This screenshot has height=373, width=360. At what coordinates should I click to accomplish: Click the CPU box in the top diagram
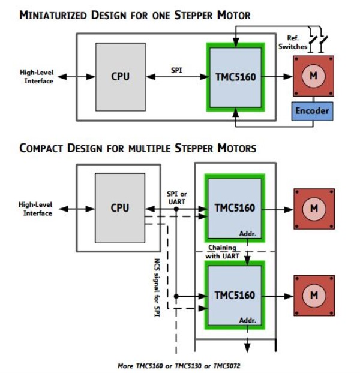pos(120,76)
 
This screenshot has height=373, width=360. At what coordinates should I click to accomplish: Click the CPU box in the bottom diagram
pos(120,208)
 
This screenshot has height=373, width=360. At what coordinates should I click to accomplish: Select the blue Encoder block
pos(311,111)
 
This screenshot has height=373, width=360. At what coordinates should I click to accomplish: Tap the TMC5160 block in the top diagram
pos(234,76)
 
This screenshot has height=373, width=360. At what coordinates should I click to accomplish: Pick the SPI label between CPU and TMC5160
pos(177,70)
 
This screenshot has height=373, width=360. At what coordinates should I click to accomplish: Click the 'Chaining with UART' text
pos(223,252)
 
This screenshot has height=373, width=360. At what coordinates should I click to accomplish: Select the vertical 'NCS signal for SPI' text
pos(157,288)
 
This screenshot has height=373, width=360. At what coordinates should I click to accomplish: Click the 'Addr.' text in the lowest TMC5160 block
pos(248,320)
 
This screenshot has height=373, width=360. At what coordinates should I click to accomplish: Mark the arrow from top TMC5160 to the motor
pos(277,76)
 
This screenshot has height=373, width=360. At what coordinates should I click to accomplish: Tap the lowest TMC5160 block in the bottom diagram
pos(234,295)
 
